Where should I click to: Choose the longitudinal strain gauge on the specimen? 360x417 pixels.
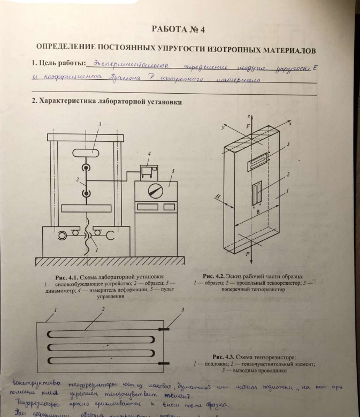tap(262, 192)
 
